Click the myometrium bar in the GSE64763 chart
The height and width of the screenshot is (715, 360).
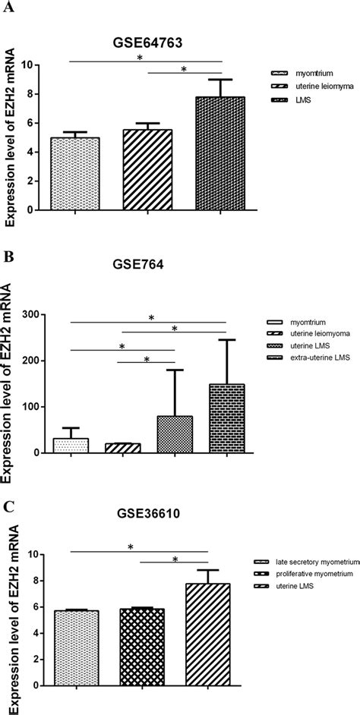(75, 174)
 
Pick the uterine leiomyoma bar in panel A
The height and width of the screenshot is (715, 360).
(147, 170)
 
